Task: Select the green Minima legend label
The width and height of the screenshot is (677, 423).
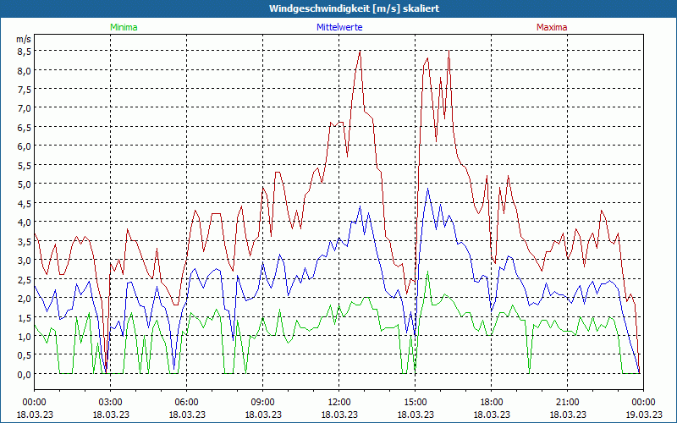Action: pyautogui.click(x=124, y=27)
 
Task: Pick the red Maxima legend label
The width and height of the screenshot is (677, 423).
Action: pyautogui.click(x=552, y=27)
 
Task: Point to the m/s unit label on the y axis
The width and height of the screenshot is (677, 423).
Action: pyautogui.click(x=23, y=40)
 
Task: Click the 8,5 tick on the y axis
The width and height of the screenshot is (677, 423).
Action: pyautogui.click(x=23, y=51)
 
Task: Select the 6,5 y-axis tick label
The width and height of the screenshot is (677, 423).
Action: pyautogui.click(x=23, y=127)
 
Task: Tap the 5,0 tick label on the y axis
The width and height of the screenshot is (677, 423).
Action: pyautogui.click(x=23, y=184)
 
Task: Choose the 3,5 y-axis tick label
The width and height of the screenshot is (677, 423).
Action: pyautogui.click(x=23, y=241)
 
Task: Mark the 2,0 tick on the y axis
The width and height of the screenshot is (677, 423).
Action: pyautogui.click(x=23, y=298)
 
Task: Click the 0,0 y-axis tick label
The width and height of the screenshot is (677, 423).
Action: pyautogui.click(x=23, y=374)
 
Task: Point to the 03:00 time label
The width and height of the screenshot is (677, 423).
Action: pyautogui.click(x=110, y=402)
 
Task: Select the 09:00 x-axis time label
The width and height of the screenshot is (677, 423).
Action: pyautogui.click(x=262, y=402)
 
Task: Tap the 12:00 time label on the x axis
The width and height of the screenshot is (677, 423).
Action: pyautogui.click(x=338, y=402)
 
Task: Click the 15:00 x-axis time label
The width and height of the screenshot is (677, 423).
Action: pyautogui.click(x=415, y=402)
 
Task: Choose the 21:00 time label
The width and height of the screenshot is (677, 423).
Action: pyautogui.click(x=567, y=402)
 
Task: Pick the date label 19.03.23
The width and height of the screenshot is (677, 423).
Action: pyautogui.click(x=643, y=415)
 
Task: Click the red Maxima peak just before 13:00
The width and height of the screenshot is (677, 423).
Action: pyautogui.click(x=360, y=52)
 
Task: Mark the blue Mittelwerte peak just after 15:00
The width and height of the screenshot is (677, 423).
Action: pyautogui.click(x=428, y=190)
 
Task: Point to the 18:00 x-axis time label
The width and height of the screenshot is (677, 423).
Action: pyautogui.click(x=491, y=402)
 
